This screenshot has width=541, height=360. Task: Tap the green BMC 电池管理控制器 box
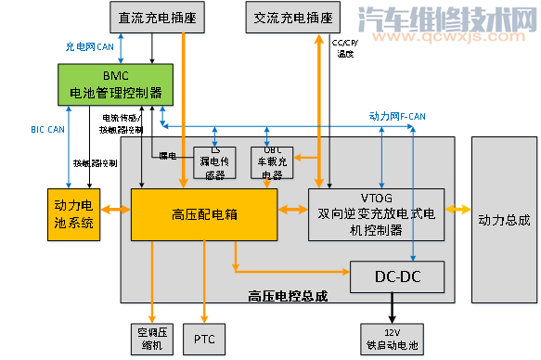[115, 84]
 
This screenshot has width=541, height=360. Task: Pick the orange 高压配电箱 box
[205, 214]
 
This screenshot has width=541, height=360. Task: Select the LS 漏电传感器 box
[215, 161]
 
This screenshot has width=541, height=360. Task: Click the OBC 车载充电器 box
[272, 161]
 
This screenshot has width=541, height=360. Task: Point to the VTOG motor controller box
[377, 214]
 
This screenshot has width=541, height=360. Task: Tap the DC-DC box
[397, 276]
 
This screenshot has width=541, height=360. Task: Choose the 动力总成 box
[504, 219]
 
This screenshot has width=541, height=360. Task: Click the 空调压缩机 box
[148, 337]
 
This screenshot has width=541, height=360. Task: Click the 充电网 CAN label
[89, 45]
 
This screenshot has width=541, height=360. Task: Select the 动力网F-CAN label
[397, 118]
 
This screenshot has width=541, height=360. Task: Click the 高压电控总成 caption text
[287, 296]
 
